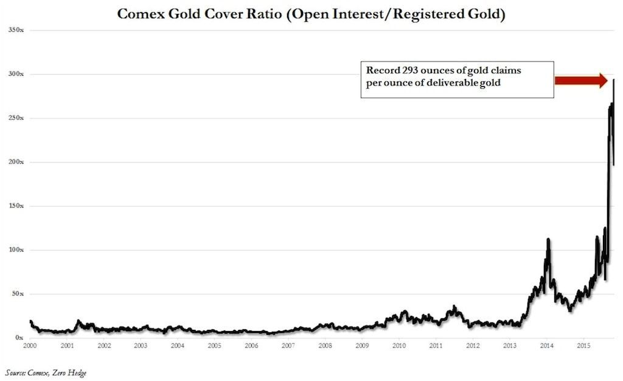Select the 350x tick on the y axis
pyautogui.click(x=16, y=30)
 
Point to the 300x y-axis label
pyautogui.click(x=16, y=74)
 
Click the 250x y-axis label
pyautogui.click(x=16, y=118)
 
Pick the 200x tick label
pyautogui.click(x=16, y=162)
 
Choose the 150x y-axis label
pyautogui.click(x=16, y=206)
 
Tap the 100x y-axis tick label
pyautogui.click(x=16, y=250)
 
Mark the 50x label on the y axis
pyautogui.click(x=17, y=294)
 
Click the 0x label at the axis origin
pyautogui.click(x=19, y=338)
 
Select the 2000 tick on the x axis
pyautogui.click(x=30, y=346)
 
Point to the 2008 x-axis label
pyautogui.click(x=325, y=346)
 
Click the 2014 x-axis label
pyautogui.click(x=546, y=346)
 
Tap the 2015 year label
pyautogui.click(x=583, y=346)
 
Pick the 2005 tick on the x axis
pyautogui.click(x=214, y=346)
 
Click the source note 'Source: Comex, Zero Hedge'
pyautogui.click(x=46, y=372)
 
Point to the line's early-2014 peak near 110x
pyautogui.click(x=548, y=239)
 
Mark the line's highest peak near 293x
pyautogui.click(x=613, y=80)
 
